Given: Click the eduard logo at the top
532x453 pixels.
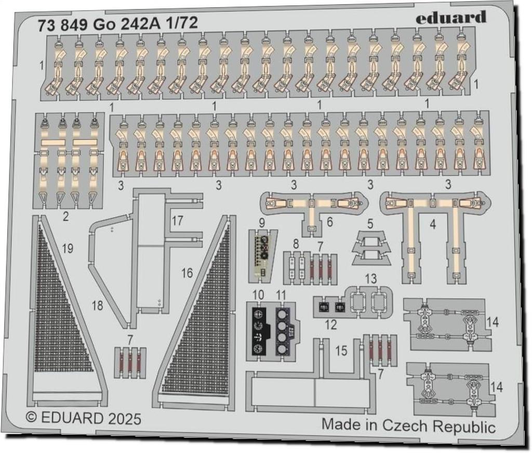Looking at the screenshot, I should [451, 18].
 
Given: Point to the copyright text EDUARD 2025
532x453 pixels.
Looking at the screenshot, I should [83, 419].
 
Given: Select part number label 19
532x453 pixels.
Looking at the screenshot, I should [68, 249].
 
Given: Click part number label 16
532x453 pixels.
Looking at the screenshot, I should [187, 272].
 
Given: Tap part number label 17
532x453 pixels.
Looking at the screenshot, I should [177, 221].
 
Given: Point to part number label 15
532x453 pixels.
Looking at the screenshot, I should [341, 351].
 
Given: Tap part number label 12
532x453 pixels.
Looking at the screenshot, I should [331, 326].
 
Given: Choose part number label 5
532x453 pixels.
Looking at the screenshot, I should [370, 225].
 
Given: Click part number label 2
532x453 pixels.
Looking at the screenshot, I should [65, 216].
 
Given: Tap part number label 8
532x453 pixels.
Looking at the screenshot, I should [295, 243].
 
